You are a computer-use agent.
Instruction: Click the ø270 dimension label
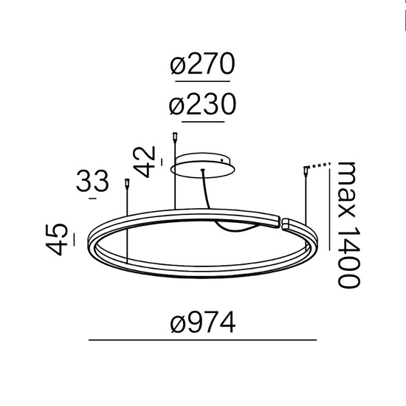[x=201, y=67]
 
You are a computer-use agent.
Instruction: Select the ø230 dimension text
[x=201, y=106]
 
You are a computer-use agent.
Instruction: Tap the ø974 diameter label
[x=202, y=323]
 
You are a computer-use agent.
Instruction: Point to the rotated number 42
[x=148, y=163]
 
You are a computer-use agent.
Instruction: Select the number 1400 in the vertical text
[x=347, y=255]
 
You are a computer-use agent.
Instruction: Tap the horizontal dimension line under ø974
[x=202, y=340]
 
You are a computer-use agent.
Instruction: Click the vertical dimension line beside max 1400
[x=330, y=221]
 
